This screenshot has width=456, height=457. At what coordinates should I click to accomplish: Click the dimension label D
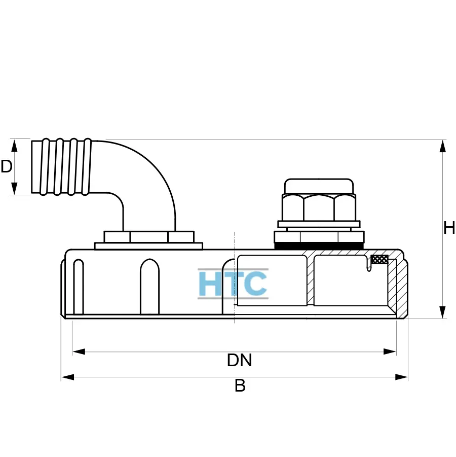click(7, 166)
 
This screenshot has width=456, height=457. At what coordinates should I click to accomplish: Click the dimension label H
click(449, 228)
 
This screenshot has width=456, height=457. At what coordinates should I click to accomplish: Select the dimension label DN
click(239, 360)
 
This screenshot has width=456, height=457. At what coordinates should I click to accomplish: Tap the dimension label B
click(240, 386)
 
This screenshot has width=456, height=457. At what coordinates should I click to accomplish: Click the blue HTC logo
click(233, 284)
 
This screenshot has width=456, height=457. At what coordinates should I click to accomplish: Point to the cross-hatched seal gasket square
click(379, 260)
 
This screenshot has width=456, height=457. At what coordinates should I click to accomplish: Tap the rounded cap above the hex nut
click(319, 186)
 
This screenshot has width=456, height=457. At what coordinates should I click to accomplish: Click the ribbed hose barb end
click(61, 166)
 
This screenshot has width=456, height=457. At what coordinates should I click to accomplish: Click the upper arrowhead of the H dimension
click(443, 146)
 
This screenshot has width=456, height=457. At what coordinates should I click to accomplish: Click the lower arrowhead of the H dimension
click(443, 312)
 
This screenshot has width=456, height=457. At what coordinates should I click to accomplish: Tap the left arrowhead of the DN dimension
click(79, 351)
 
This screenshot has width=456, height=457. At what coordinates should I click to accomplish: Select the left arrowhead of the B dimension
click(67, 377)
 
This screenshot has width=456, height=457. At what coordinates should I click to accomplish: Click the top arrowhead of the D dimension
click(14, 146)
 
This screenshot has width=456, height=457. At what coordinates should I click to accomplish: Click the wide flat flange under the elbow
click(148, 246)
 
